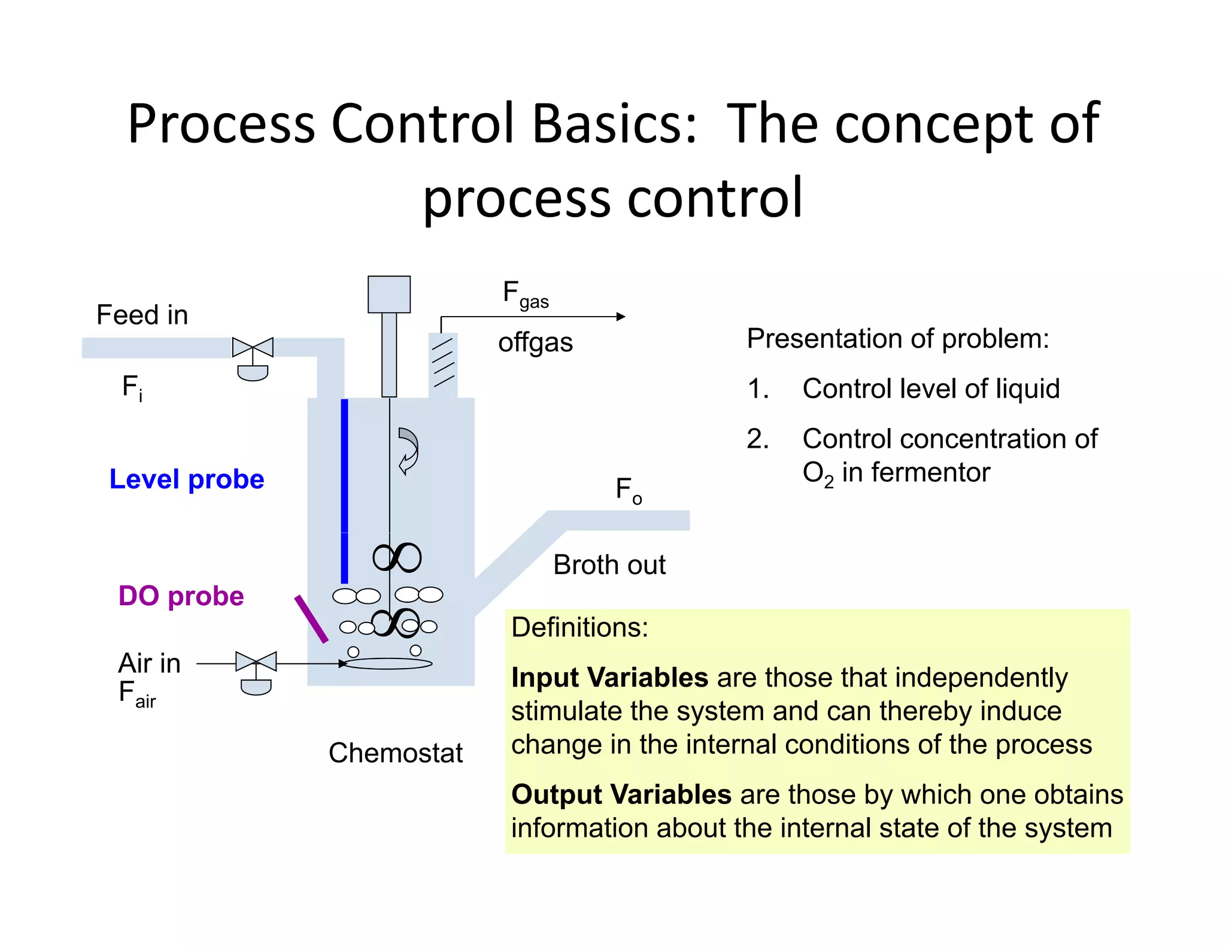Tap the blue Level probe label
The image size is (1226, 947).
[186, 479]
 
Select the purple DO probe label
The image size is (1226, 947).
[181, 596]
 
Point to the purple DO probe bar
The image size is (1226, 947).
[311, 619]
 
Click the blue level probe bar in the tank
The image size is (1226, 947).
[344, 491]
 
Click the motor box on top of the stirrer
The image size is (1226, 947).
[389, 295]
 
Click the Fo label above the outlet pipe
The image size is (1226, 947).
[629, 491]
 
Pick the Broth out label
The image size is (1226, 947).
[609, 565]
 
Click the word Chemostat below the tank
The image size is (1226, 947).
[395, 753]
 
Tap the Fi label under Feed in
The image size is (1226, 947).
[132, 388]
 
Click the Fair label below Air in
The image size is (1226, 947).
[137, 694]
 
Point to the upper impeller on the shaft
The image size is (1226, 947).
[397, 558]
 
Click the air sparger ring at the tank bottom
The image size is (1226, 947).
[388, 663]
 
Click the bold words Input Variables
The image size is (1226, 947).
[609, 678]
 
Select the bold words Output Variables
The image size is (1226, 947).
[621, 795]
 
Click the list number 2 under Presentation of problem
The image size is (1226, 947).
[757, 439]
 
